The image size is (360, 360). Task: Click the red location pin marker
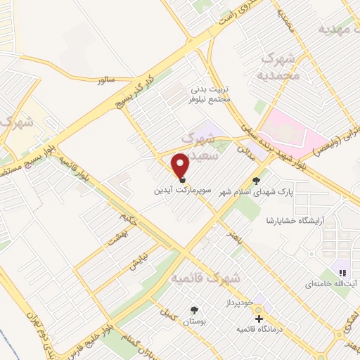click(x=181, y=165)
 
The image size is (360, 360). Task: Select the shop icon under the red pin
click(x=181, y=179)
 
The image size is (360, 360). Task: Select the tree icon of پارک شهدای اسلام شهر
click(x=265, y=179)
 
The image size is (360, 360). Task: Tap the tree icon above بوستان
click(x=193, y=309)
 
